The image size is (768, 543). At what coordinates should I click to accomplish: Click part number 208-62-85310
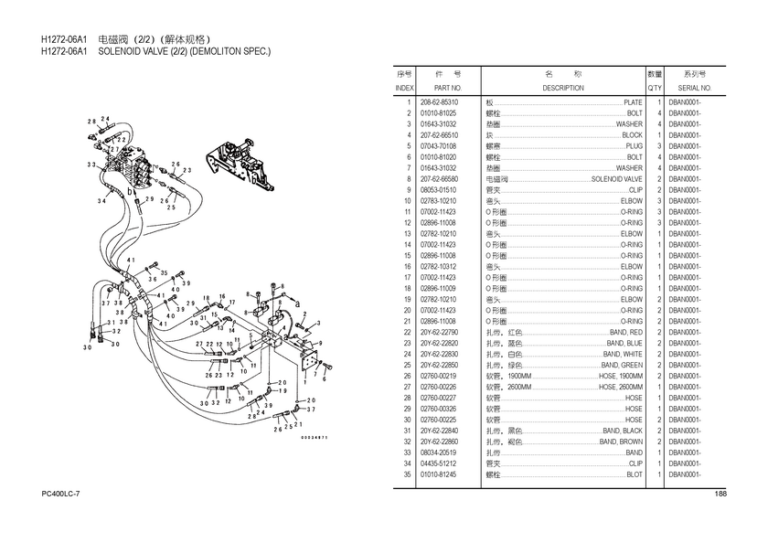(x=439, y=102)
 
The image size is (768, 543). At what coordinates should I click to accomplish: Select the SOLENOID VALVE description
(x=617, y=179)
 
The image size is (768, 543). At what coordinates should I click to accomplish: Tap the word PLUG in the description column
(x=634, y=146)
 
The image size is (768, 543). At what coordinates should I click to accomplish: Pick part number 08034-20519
(x=439, y=452)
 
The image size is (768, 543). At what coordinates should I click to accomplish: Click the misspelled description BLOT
(x=634, y=474)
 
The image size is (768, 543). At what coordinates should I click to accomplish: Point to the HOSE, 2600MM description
(x=620, y=388)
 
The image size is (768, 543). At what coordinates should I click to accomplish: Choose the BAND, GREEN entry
(x=622, y=366)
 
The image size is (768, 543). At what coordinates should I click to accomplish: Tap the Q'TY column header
(x=655, y=88)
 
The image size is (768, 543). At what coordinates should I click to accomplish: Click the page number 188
(x=720, y=495)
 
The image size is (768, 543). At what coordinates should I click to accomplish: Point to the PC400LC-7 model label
(x=60, y=495)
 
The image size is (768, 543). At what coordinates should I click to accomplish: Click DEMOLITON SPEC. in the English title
(x=229, y=52)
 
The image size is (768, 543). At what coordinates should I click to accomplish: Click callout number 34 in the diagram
(x=101, y=200)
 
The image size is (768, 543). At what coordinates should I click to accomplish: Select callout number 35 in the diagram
(x=165, y=272)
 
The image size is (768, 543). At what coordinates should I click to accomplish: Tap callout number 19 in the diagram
(x=283, y=391)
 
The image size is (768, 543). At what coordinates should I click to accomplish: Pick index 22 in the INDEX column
(x=407, y=333)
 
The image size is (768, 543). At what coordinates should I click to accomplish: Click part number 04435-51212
(x=439, y=463)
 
